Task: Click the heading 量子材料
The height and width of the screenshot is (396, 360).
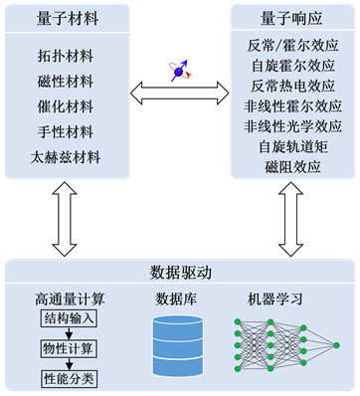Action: pos(68,18)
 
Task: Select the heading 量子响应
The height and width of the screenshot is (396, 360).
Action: pos(291,18)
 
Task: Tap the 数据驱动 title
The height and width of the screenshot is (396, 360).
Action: pos(180,273)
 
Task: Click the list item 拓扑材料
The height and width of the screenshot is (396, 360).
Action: pos(66,56)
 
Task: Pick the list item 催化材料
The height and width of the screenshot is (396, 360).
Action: pos(66,106)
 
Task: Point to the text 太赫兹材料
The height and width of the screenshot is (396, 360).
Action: pos(66,157)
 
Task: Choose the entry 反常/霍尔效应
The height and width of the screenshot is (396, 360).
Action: pos(292,46)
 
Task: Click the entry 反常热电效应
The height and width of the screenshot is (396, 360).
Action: pos(292,86)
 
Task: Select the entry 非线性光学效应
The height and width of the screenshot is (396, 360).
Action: pos(292,126)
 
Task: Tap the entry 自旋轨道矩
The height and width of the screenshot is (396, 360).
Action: pos(292,146)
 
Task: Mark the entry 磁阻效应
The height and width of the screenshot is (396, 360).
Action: pos(292,167)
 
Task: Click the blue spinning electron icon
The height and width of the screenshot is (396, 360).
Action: pos(180,71)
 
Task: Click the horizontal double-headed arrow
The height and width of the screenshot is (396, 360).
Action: pos(180,94)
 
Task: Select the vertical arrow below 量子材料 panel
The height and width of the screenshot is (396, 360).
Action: pos(65,219)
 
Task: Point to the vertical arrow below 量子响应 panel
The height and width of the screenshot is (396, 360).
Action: pos(290,219)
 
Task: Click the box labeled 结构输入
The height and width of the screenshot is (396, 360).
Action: pos(69,319)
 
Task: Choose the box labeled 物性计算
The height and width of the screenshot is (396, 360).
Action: pos(69,348)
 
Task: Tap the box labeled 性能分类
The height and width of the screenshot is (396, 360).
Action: pos(69,379)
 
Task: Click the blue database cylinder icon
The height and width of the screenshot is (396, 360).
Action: pos(178,346)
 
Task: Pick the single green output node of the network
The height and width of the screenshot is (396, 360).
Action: pos(336,345)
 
